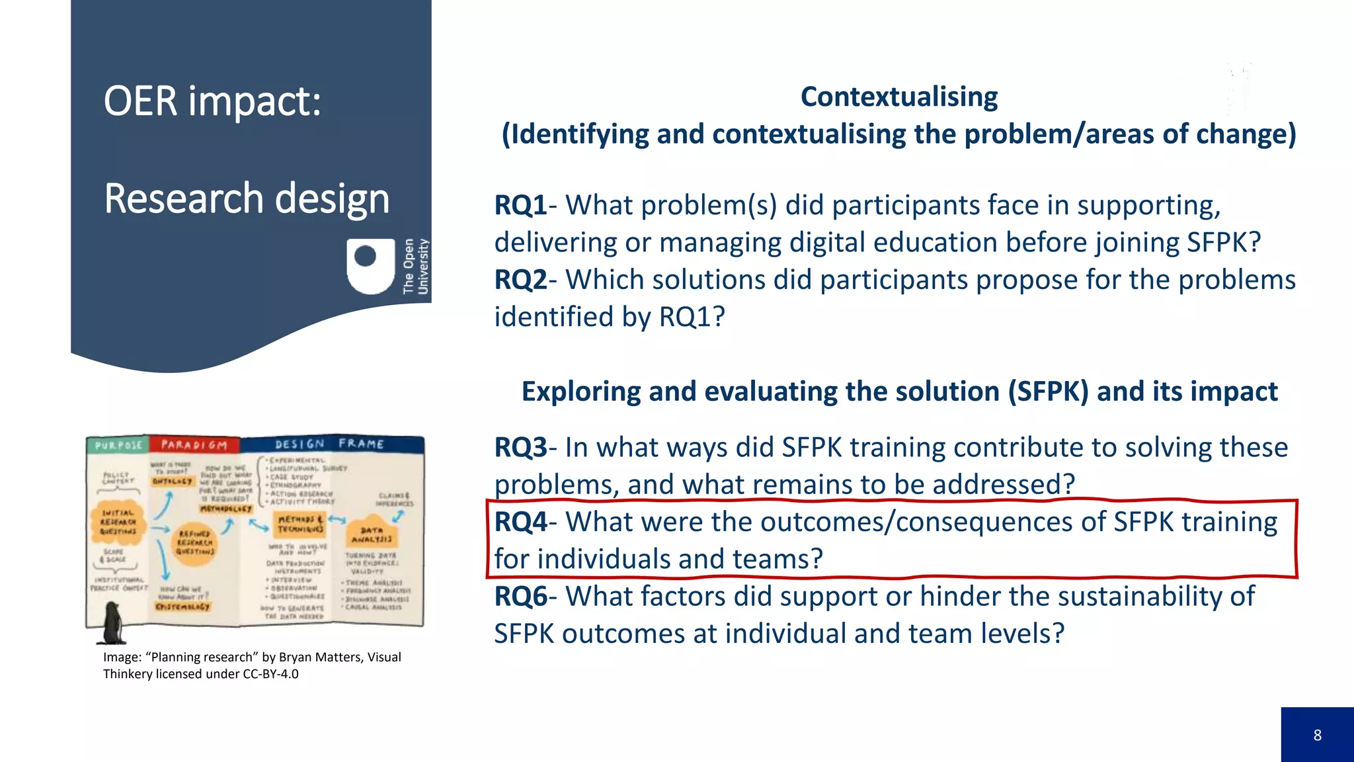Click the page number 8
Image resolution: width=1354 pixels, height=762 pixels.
[1317, 735]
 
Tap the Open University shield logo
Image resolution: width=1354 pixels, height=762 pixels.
[370, 265]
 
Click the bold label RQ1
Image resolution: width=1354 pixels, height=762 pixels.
[520, 205]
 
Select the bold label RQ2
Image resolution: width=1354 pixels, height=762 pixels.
[520, 280]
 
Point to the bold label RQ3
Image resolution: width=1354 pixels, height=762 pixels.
[520, 447]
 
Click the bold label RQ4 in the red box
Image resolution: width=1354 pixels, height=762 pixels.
[520, 522]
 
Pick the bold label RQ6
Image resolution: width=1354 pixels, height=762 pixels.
[520, 597]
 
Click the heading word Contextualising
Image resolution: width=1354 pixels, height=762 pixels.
[899, 97]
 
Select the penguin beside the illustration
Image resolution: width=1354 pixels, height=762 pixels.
[112, 623]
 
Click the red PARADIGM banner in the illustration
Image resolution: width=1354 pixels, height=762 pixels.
[194, 445]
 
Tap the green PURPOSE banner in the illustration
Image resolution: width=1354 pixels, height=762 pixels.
[118, 445]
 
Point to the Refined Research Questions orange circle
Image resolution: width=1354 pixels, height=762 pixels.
[194, 542]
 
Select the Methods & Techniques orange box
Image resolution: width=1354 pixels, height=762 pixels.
[300, 524]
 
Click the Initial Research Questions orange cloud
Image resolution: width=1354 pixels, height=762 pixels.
[118, 522]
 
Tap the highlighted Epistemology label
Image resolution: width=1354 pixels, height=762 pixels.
[182, 606]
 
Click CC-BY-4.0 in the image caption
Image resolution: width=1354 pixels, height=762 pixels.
[270, 674]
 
